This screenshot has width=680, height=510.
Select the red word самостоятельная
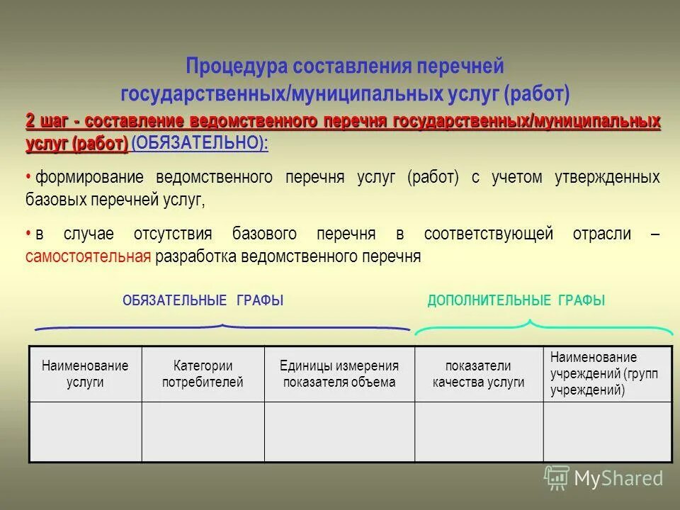pyautogui.click(x=88, y=256)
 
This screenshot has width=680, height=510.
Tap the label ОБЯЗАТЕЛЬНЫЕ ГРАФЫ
pyautogui.click(x=203, y=300)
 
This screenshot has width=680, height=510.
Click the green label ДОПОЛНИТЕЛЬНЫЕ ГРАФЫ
pyautogui.click(x=516, y=300)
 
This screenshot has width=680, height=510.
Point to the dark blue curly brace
pyautogui.click(x=222, y=327)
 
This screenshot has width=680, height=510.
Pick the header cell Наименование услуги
pyautogui.click(x=85, y=374)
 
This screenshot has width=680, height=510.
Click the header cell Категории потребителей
pyautogui.click(x=203, y=374)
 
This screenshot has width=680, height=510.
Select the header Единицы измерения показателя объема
pyautogui.click(x=339, y=374)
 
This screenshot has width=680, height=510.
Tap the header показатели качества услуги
pyautogui.click(x=478, y=374)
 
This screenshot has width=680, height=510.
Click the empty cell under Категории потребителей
pyautogui.click(x=203, y=431)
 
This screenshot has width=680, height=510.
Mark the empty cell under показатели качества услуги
pyautogui.click(x=478, y=431)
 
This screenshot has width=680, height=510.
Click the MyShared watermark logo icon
pyautogui.click(x=556, y=478)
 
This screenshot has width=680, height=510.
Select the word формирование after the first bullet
pyautogui.click(x=89, y=177)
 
